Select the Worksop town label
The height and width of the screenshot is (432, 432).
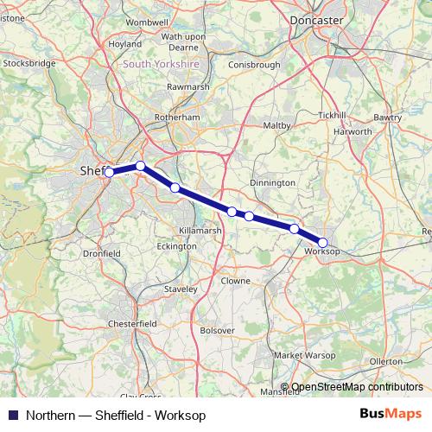tap(321, 251)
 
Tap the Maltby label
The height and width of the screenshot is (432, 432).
tap(276, 125)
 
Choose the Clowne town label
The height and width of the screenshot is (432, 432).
tap(234, 281)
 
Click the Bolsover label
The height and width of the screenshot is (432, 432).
tap(217, 330)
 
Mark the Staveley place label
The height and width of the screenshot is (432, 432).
tap(182, 289)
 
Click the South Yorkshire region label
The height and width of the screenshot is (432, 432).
tap(161, 64)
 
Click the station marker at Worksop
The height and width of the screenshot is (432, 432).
tap(323, 243)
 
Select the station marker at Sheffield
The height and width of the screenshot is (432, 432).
tap(109, 173)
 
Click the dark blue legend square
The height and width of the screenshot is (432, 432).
tap(13, 414)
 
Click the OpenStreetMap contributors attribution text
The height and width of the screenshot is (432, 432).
tap(357, 387)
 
